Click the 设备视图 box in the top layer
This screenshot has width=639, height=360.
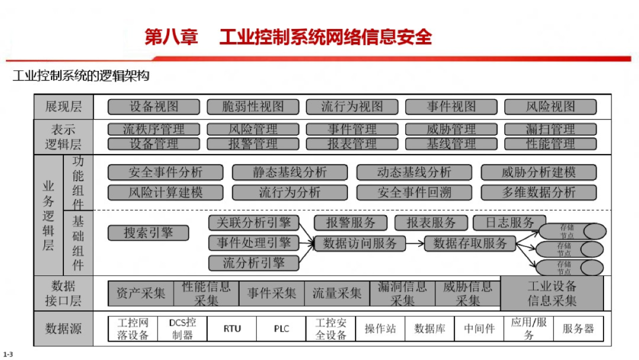[154, 107]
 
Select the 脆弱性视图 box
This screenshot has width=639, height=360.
[253, 107]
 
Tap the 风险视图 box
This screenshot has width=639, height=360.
[550, 107]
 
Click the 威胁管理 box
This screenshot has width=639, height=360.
[451, 129]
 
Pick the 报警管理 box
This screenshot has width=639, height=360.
[253, 144]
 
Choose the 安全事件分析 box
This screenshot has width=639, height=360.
[165, 172]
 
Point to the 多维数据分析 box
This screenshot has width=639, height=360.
[538, 192]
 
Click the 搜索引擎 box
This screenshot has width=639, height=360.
[148, 233]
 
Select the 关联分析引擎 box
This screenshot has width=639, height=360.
[253, 223]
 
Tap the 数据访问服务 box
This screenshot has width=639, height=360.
[360, 243]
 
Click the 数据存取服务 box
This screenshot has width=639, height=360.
[470, 243]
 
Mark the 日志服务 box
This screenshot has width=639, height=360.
[510, 223]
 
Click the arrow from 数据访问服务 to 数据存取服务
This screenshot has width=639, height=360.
[415, 243]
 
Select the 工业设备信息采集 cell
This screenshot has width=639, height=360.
[552, 293]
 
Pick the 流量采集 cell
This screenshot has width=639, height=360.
[337, 293]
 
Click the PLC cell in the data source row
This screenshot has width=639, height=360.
[281, 329]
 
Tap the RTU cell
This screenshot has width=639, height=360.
[232, 329]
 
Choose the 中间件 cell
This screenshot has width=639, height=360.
[479, 329]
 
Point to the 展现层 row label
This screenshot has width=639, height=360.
[64, 107]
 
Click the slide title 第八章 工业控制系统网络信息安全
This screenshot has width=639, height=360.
[288, 37]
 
